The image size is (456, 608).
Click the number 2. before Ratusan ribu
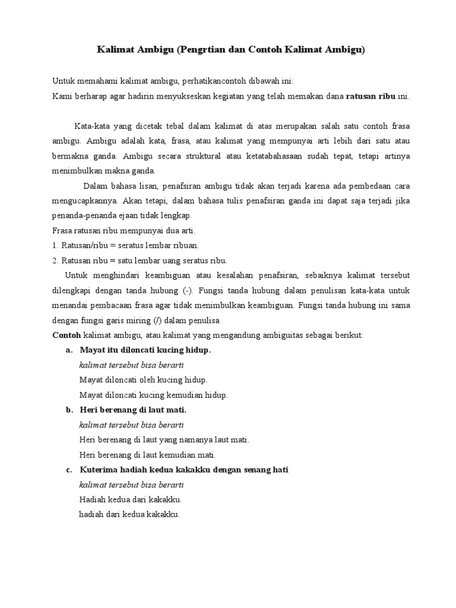[56, 260]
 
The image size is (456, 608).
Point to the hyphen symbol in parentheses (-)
[188, 291]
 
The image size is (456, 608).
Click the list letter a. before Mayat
[69, 350]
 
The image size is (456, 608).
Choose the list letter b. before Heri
[69, 410]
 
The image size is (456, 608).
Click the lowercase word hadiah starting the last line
[91, 514]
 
